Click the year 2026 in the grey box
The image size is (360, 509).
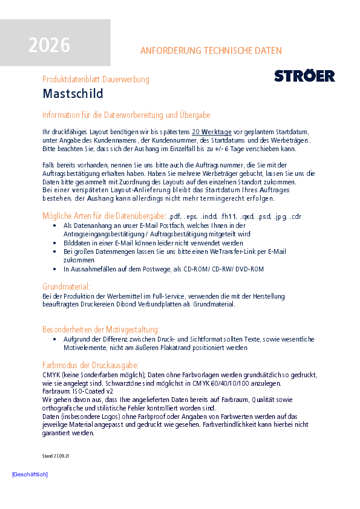click(x=49, y=45)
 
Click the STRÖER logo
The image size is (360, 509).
click(x=304, y=76)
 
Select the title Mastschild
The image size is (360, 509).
click(x=73, y=94)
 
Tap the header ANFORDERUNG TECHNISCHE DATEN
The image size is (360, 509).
click(x=211, y=51)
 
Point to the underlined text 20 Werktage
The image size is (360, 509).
click(x=212, y=132)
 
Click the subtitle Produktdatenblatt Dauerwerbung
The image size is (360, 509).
click(x=96, y=79)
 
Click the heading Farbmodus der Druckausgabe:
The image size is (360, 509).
click(x=90, y=365)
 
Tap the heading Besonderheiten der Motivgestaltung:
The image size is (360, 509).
click(x=101, y=329)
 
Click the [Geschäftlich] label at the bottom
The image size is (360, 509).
click(x=30, y=475)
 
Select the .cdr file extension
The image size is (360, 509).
click(x=295, y=216)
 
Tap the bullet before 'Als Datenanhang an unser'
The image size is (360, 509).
click(x=56, y=225)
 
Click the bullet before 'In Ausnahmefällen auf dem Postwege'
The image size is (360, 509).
click(x=56, y=268)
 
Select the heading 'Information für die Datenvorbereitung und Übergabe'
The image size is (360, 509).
click(x=126, y=115)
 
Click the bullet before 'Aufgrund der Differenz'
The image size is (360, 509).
click(x=56, y=340)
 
